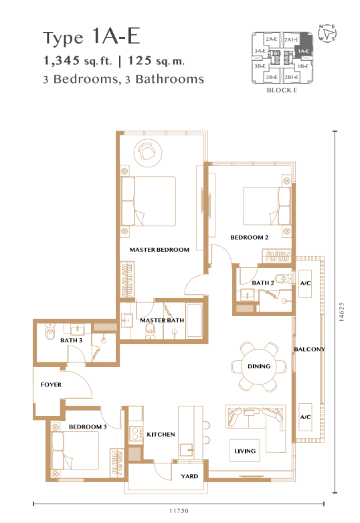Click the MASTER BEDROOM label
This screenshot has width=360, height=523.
[159, 250]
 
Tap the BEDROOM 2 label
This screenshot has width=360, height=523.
[250, 238]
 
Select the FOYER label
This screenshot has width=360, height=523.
[51, 384]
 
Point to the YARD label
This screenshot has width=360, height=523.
[189, 476]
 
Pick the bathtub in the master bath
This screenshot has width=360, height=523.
[194, 321]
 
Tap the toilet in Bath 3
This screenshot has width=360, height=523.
[50, 332]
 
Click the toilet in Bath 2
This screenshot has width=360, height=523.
[283, 278]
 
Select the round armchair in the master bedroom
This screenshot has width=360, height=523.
[148, 153]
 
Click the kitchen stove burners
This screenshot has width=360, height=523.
[135, 434]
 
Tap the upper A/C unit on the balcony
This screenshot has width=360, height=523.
[305, 283]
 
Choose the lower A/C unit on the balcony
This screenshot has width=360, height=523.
[305, 417]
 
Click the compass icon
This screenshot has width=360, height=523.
[327, 33]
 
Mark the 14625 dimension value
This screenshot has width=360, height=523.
[341, 312]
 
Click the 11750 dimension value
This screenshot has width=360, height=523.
[179, 511]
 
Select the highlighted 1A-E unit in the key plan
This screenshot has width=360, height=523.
[303, 47]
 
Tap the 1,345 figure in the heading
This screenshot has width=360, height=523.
[62, 61]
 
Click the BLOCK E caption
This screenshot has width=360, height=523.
[282, 90]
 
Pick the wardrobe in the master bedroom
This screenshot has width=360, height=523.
[127, 279]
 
